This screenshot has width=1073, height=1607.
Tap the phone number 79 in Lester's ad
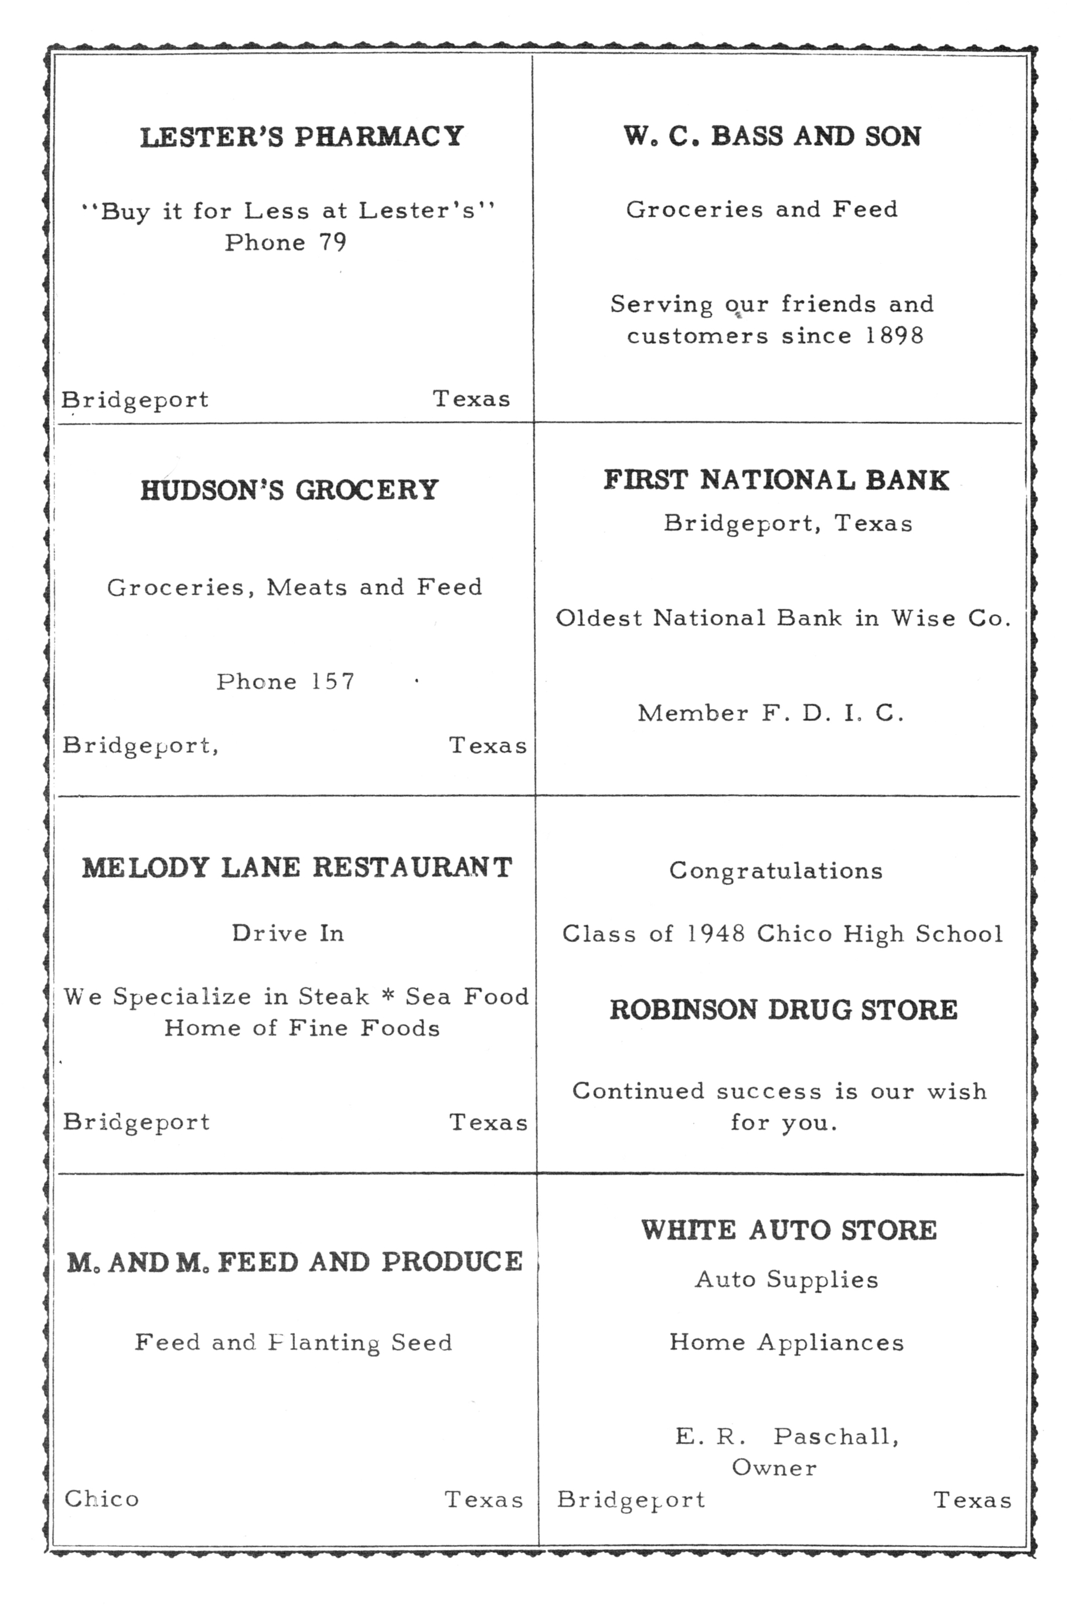333,242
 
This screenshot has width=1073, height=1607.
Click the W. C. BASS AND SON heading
772,136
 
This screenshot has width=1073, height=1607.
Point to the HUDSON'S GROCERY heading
289,490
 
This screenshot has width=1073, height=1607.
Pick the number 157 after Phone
333,682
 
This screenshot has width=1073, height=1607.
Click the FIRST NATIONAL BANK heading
776,481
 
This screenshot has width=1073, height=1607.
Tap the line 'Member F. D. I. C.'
771,713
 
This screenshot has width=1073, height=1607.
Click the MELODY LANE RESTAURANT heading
297,867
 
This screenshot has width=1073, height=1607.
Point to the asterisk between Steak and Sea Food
388,996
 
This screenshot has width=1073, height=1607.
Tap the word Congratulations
776,871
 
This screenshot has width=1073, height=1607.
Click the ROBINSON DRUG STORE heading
784,1010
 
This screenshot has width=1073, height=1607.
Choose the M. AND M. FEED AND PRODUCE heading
295,1262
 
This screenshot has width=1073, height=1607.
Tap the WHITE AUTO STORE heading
789,1230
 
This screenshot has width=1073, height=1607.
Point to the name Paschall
836,1436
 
